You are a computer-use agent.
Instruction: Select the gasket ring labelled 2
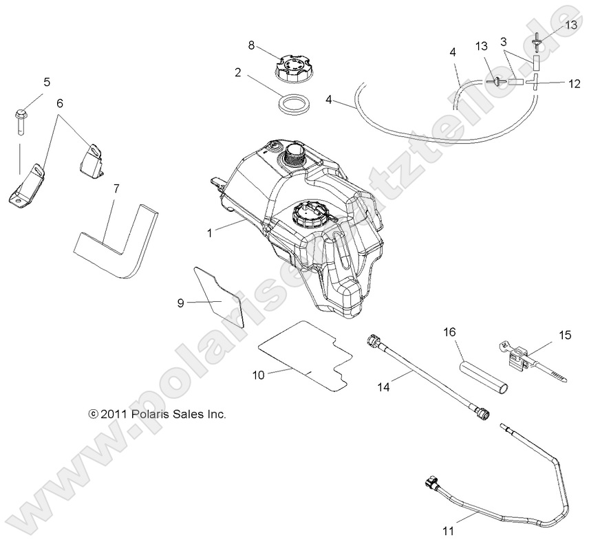(293, 106)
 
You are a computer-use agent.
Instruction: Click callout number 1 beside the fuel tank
(210, 232)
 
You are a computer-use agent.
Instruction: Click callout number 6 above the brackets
(60, 103)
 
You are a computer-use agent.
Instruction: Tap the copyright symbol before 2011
(93, 414)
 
